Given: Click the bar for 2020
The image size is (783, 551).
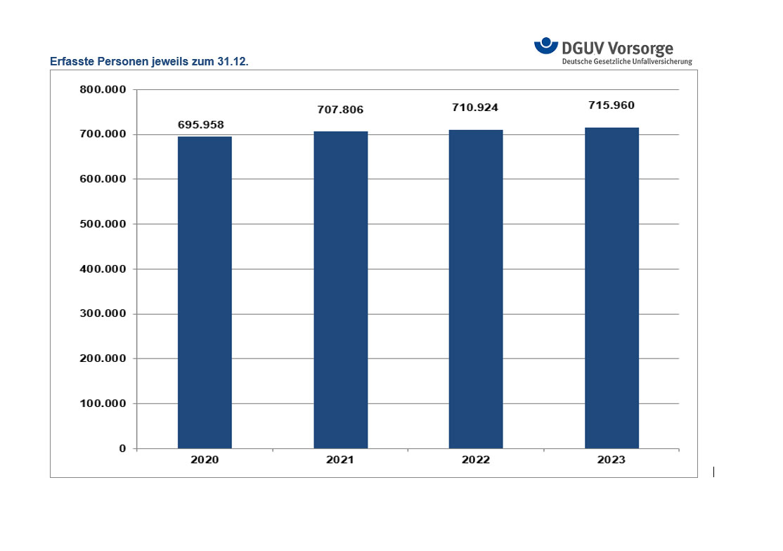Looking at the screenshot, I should pos(205,292).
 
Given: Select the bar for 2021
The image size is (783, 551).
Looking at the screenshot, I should pos(340,289).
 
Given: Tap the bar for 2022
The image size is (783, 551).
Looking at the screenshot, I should pos(476,288).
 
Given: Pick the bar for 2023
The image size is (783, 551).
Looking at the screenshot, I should pos(611,287).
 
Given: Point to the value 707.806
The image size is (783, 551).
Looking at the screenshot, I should pos(339,110).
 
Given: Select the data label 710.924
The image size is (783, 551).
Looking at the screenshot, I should pos(475,108).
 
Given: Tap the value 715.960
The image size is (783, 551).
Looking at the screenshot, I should pos(611,105).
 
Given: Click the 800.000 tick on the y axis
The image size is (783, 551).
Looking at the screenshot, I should pos(103,90).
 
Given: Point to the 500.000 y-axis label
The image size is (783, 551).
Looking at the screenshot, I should pos(103,224).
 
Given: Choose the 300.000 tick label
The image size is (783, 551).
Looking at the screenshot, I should pos(103,314).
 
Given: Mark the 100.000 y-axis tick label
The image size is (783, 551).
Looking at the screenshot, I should pos(103,403).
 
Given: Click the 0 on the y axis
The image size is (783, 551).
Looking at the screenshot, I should pos(122,448).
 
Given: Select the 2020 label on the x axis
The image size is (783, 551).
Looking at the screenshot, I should pos(205,460).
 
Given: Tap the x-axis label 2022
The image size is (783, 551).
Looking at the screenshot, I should pos(476,460).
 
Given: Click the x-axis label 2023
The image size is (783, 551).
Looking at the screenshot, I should pos(611,460).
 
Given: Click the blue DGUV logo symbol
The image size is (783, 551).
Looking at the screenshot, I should pos(546,46).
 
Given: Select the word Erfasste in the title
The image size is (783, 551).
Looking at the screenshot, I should pos(71,62).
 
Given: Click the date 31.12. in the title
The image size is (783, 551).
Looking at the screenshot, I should pos(233,62).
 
